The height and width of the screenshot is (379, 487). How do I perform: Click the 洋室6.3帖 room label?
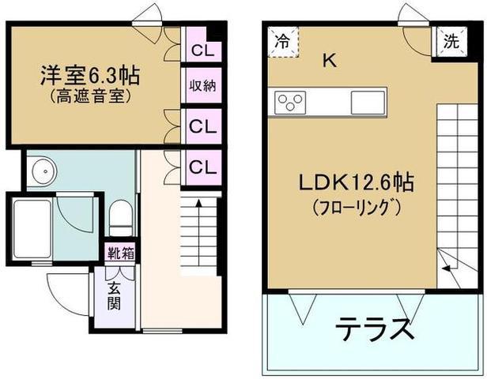click(90, 75)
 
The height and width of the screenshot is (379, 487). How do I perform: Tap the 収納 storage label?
click(203, 85)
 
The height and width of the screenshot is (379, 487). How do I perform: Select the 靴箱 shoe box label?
click(120, 253)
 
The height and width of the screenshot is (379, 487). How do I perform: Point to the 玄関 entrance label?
click(114, 297)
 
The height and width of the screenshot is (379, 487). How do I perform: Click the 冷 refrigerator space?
click(283, 42)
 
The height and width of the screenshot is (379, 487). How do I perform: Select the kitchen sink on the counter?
click(368, 103)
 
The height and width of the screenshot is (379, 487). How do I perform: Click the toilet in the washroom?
click(121, 218)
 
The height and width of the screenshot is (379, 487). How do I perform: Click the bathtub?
click(32, 229)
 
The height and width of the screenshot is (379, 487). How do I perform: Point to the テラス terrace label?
click(375, 328)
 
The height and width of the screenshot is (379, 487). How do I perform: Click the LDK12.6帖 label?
click(357, 182)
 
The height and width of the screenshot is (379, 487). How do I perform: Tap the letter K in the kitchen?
click(330, 60)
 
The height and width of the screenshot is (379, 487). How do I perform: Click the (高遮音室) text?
click(89, 96)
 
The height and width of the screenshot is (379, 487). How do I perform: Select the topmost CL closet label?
click(203, 51)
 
